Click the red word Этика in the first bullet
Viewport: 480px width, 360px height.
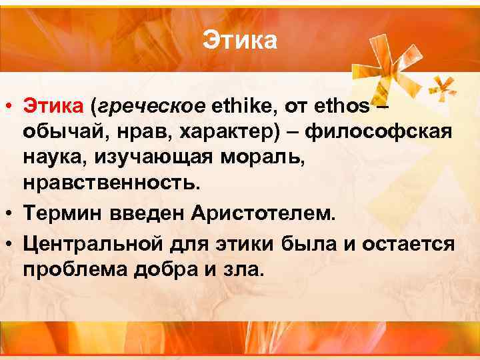coord(54,105)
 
